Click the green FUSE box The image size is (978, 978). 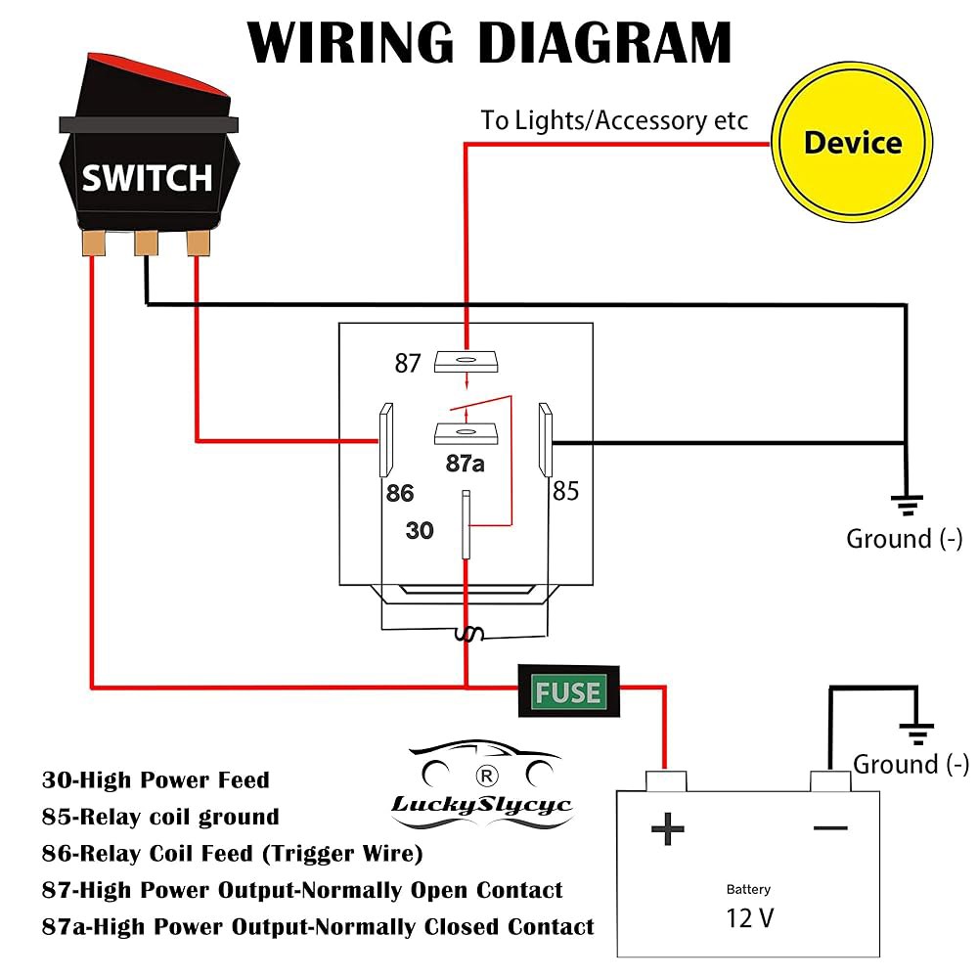coord(568,691)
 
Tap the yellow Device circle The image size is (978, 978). coord(852,142)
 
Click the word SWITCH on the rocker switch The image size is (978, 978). coord(148,178)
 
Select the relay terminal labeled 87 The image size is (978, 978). coord(466,362)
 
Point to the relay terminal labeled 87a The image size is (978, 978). coord(466,433)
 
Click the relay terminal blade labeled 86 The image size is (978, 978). coord(386,440)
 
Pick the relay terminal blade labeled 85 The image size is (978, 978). coord(546,440)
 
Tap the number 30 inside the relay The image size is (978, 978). coord(420,531)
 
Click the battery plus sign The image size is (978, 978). coord(667,829)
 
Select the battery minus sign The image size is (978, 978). coord(830,828)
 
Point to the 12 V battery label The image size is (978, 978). coord(750,918)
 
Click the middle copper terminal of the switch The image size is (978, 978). coord(146,243)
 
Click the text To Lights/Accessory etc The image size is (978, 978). coord(614,120)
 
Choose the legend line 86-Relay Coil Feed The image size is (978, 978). coord(232,853)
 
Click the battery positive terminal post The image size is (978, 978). coord(665,780)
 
